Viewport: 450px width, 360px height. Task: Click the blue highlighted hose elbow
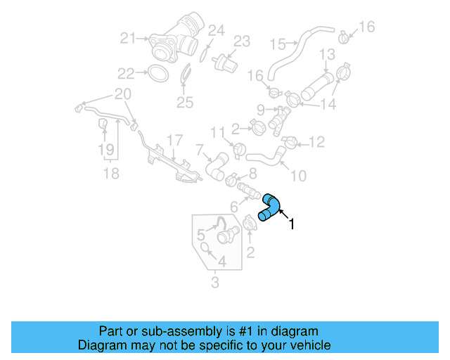[x=270, y=207]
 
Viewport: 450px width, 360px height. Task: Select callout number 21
[x=127, y=39]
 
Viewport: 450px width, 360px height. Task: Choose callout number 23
[x=241, y=41]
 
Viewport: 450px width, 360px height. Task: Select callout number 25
[x=184, y=103]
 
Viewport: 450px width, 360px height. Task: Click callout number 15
[x=279, y=44]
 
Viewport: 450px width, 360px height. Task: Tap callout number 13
[x=328, y=54]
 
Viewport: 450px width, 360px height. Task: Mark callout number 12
[x=317, y=143]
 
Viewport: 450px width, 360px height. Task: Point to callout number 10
[x=298, y=175]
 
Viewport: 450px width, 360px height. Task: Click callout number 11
[x=217, y=131]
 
